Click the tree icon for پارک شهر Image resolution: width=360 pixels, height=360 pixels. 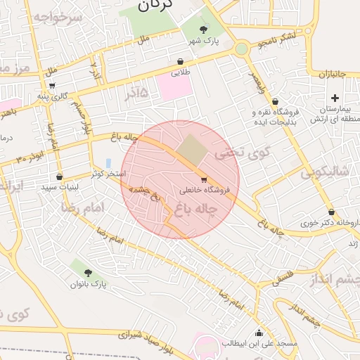click(x=204, y=30)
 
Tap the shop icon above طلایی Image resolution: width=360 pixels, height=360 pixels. click(x=181, y=61)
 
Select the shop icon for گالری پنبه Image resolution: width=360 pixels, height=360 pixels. click(x=52, y=86)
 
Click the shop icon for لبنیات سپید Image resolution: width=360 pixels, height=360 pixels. click(x=59, y=177)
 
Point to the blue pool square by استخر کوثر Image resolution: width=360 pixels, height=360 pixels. click(x=108, y=162)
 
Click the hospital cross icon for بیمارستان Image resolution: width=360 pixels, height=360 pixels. click(x=335, y=98)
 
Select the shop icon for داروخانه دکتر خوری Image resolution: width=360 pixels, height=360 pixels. click(x=330, y=212)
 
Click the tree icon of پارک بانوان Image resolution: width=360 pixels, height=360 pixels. click(x=88, y=273)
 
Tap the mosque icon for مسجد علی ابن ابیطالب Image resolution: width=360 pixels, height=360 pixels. click(x=259, y=333)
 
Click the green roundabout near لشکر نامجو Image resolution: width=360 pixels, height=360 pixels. click(x=242, y=49)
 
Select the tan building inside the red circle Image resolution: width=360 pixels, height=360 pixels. click(x=188, y=148)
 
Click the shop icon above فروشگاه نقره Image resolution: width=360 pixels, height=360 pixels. click(x=275, y=101)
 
